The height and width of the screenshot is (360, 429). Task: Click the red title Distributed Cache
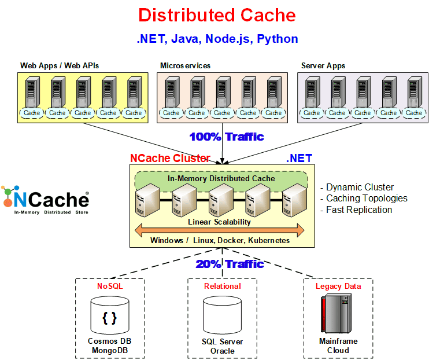coord(217,15)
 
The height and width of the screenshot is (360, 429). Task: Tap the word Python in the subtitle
coord(278,39)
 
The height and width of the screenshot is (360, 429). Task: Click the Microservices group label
coord(184,65)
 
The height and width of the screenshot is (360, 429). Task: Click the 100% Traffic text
coord(227,137)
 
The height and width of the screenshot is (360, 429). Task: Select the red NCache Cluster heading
coord(170,158)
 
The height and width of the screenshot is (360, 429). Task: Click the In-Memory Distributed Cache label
coord(221,178)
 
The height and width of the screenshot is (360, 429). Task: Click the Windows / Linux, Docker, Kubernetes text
coord(220,240)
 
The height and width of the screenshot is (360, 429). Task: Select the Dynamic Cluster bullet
coord(360,187)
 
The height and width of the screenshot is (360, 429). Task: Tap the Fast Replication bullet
coord(359,210)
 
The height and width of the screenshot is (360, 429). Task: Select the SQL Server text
coord(222,342)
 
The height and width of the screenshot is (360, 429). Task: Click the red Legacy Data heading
coord(338,286)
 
